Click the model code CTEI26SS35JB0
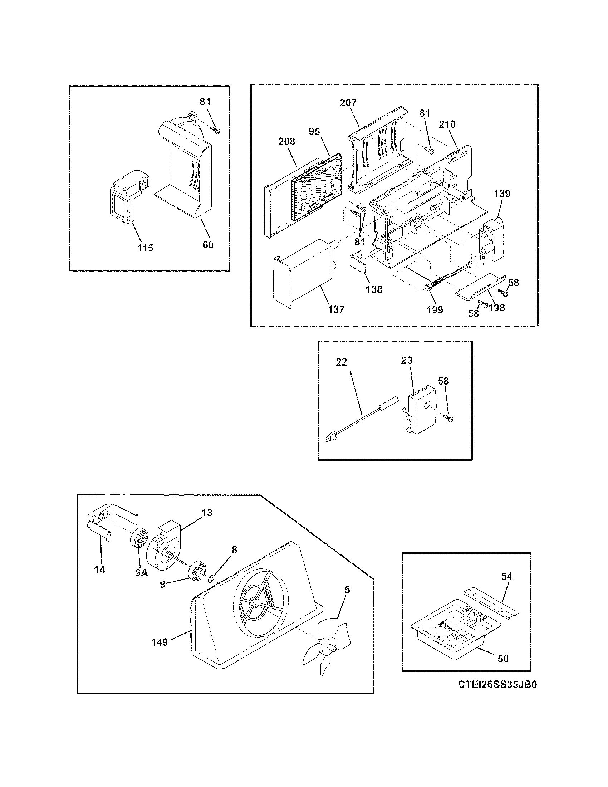point(497,695)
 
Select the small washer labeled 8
point(211,579)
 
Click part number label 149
point(160,642)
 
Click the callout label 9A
point(142,573)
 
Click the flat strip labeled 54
point(491,601)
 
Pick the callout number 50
point(503,658)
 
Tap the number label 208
point(287,142)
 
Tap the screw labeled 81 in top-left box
point(215,129)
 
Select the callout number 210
point(447,124)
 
